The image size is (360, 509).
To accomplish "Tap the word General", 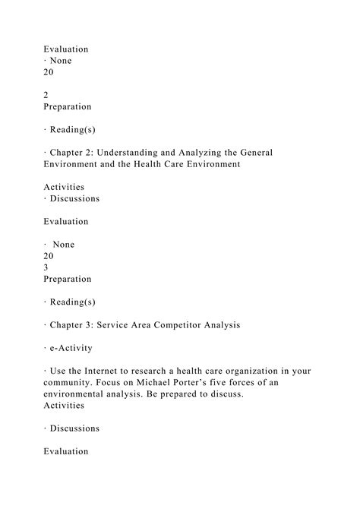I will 254,153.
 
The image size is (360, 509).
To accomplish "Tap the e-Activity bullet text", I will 74,347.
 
